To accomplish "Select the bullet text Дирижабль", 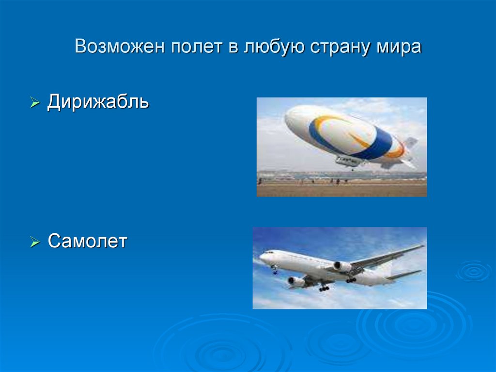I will [98, 102].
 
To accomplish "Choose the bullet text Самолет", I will [87, 241].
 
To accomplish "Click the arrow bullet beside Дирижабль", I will [34, 103].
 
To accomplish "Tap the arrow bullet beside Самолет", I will [34, 242].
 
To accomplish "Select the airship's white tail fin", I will [409, 144].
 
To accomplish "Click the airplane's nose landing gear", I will [275, 271].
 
